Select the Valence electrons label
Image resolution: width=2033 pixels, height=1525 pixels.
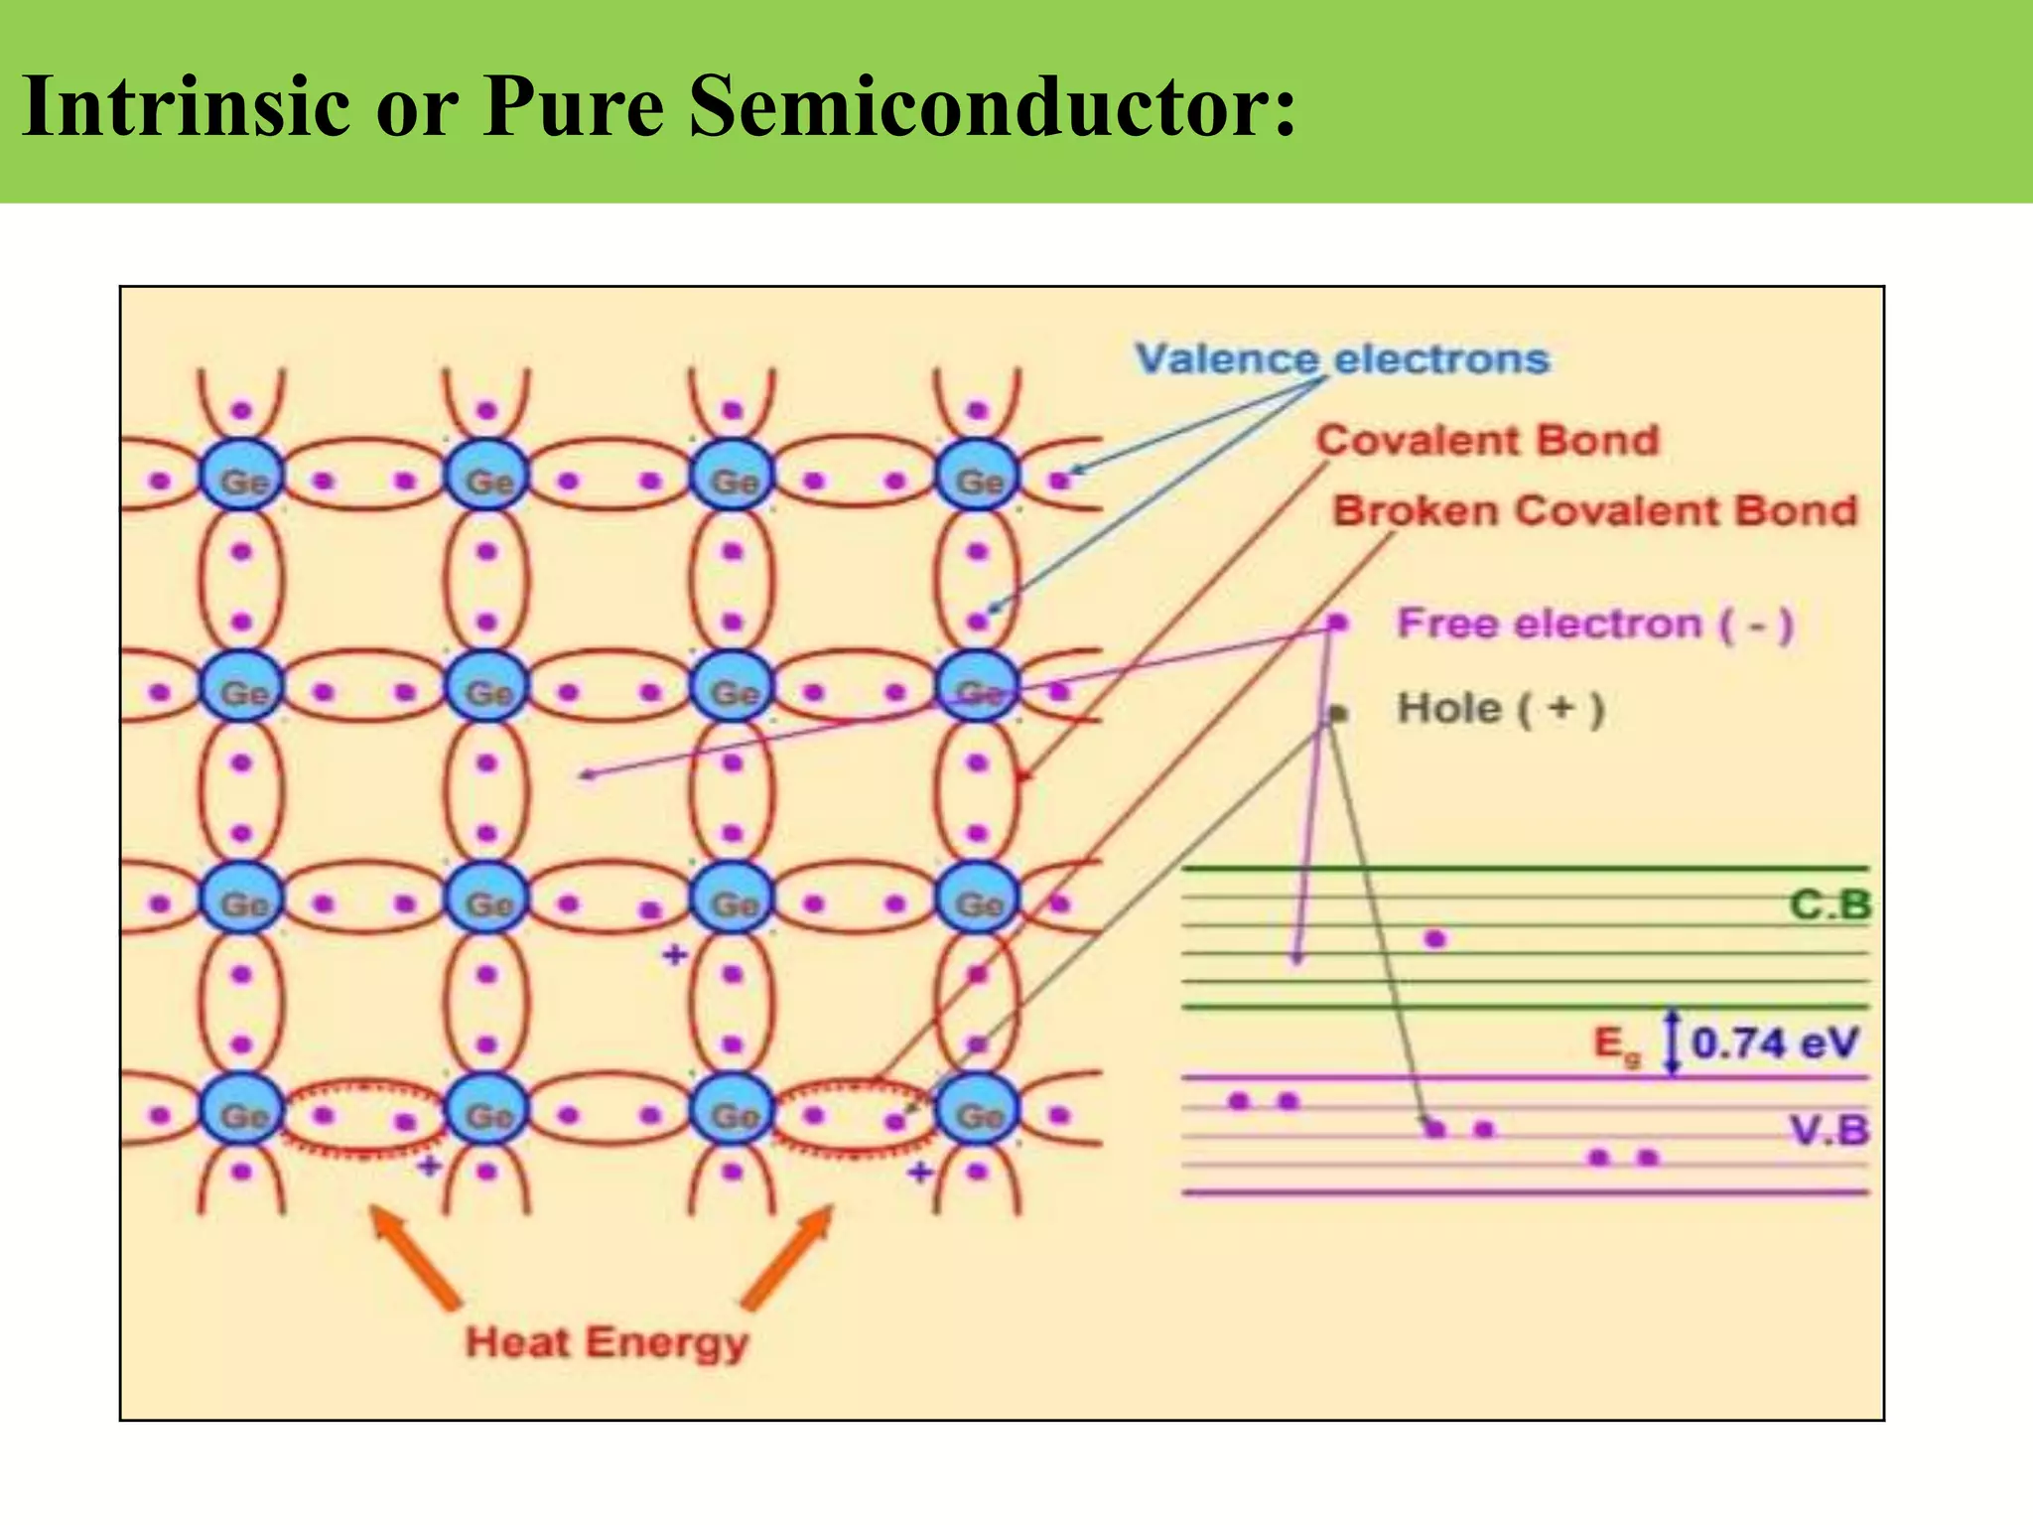point(1342,359)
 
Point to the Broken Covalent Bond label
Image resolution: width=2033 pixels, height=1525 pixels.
point(1594,511)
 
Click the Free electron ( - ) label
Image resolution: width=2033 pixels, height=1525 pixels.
point(1594,624)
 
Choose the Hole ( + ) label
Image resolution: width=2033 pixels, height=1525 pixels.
point(1500,709)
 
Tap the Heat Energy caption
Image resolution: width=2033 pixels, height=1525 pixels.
point(607,1342)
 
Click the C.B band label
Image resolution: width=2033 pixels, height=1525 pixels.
point(1830,904)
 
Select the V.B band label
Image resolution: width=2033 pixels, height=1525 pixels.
point(1830,1130)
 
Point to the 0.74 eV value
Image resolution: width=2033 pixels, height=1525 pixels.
point(1774,1043)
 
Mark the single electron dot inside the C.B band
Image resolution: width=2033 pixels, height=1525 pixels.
point(1435,938)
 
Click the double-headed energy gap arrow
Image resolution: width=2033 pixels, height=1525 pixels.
point(1674,1042)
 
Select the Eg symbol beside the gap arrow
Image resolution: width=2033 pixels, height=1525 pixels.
point(1616,1045)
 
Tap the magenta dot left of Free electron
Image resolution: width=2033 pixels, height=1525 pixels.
point(1338,623)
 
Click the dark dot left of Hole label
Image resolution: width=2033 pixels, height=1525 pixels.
point(1338,713)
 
